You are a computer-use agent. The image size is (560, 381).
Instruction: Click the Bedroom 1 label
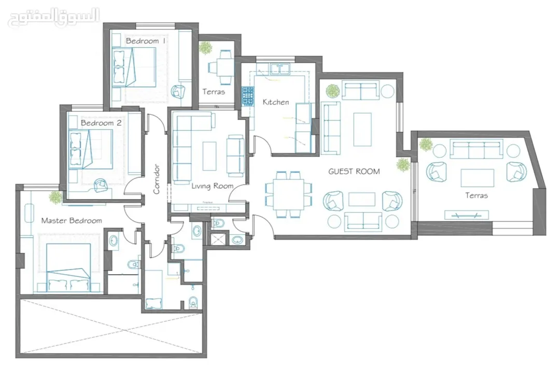[x=146, y=41]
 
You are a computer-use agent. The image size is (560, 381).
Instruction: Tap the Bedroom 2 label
[x=101, y=123]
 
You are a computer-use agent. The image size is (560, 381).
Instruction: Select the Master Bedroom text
[x=72, y=221]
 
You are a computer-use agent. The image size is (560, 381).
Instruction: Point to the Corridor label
[x=156, y=179]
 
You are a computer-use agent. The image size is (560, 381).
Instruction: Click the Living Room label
[x=213, y=186]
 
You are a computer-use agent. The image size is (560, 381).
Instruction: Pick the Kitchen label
[x=276, y=102]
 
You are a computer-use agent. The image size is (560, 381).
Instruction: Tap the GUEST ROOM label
[x=354, y=172]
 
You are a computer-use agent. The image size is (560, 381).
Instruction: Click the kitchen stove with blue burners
[x=248, y=96]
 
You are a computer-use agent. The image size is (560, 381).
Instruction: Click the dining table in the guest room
[x=289, y=194]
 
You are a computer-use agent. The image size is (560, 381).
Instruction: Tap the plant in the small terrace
[x=205, y=48]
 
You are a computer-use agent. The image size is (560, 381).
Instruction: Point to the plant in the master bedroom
[x=55, y=197]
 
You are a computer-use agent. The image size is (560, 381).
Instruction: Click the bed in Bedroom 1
[x=134, y=67]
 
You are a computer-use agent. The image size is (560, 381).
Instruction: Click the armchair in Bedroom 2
[x=101, y=185]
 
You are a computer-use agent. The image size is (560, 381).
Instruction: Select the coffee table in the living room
[x=209, y=157]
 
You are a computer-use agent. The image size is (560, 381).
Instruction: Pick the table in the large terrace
[x=478, y=178]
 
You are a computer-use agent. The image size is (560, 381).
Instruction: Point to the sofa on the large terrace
[x=476, y=150]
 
